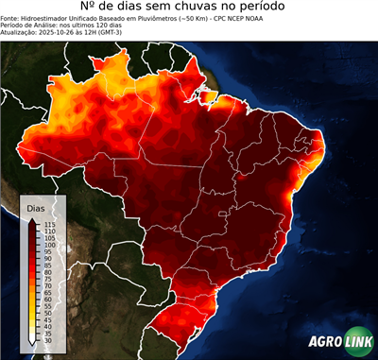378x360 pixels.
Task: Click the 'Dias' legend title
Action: [x=36, y=206]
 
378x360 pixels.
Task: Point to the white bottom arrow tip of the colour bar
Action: [x=35, y=345]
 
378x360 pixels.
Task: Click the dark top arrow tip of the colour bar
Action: [x=35, y=219]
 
